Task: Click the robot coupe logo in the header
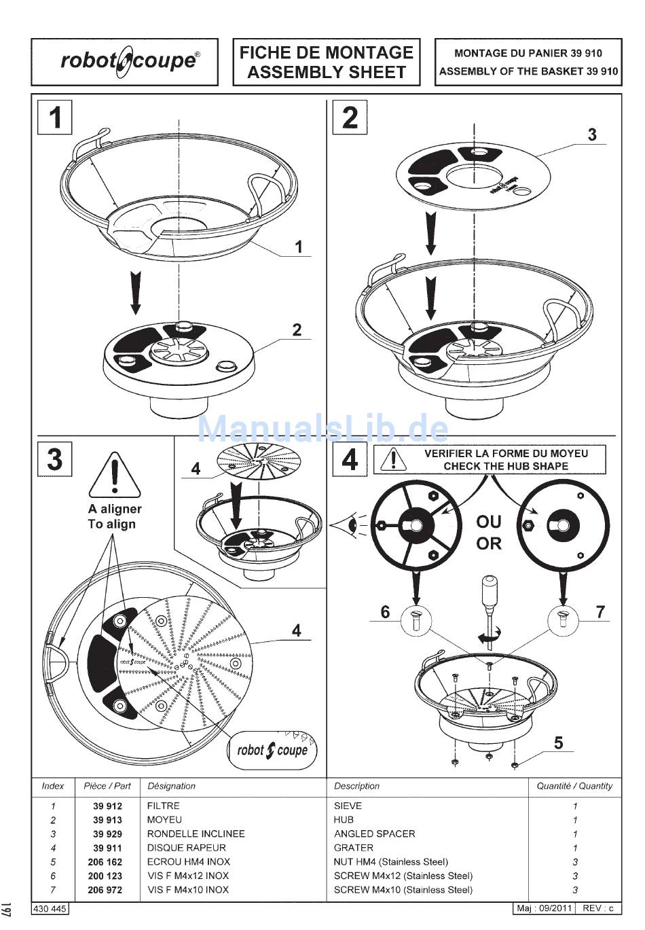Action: (x=129, y=61)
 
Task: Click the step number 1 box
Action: (x=54, y=117)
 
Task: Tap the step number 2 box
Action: (x=350, y=117)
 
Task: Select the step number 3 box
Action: (x=54, y=459)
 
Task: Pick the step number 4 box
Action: (x=350, y=459)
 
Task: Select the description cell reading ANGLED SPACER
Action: (x=374, y=834)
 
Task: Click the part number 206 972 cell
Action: (x=105, y=889)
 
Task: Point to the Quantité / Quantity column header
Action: (x=574, y=786)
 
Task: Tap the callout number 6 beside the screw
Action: (x=385, y=612)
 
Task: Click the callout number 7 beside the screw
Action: (x=600, y=612)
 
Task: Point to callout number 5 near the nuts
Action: (x=558, y=743)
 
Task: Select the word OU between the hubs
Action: (x=488, y=522)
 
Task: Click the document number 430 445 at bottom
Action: (x=50, y=908)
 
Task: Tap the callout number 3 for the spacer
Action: (x=592, y=134)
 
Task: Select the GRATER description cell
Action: (x=353, y=848)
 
